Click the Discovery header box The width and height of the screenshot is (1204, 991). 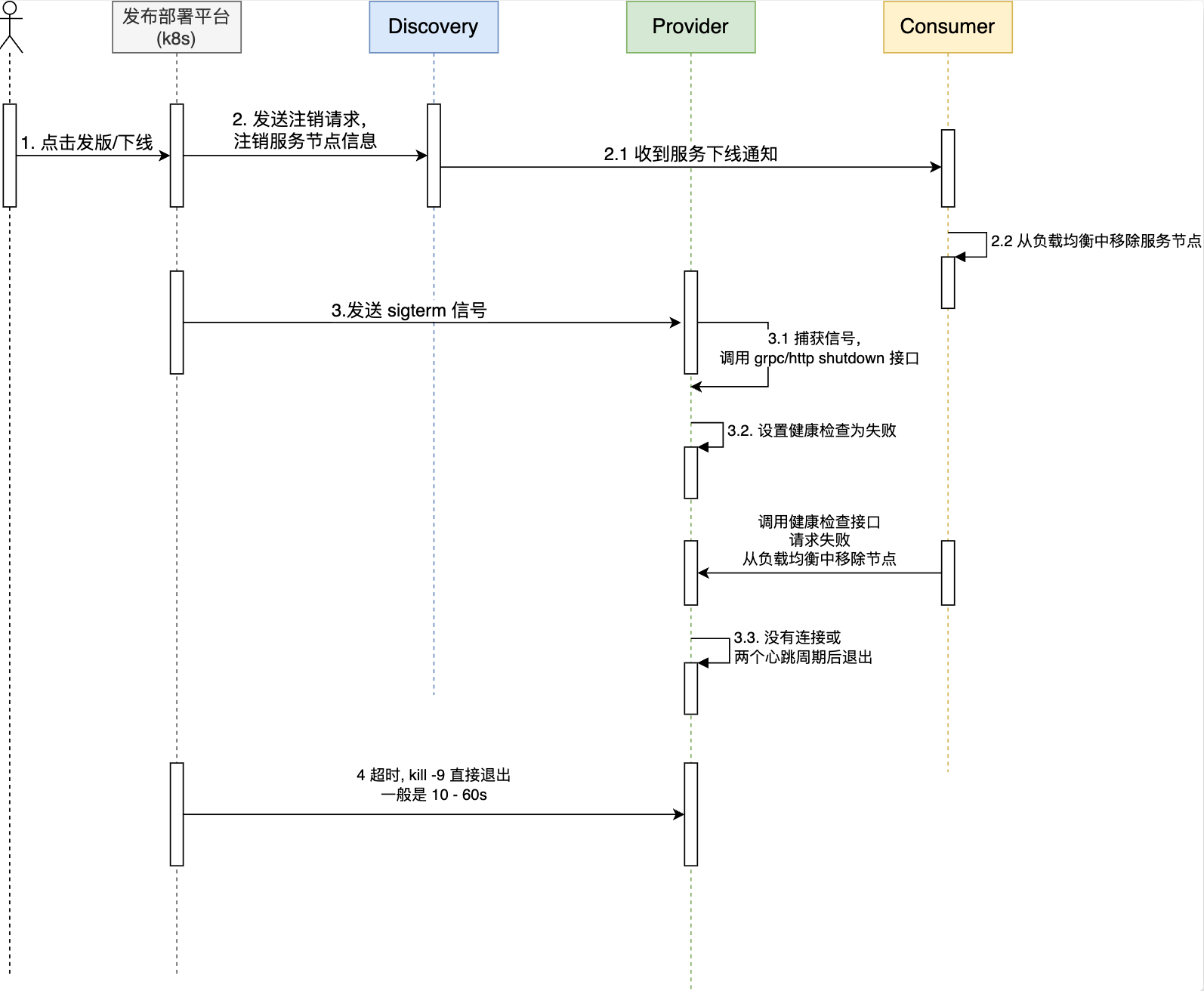(x=434, y=27)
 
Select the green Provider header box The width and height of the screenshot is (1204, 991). (x=691, y=27)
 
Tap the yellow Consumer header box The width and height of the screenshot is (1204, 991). (x=948, y=27)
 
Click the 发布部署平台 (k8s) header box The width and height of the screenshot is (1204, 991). (x=177, y=27)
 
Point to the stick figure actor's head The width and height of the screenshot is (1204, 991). (x=10, y=8)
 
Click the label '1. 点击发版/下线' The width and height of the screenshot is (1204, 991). (x=87, y=143)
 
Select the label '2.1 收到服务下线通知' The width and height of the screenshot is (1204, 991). (x=691, y=154)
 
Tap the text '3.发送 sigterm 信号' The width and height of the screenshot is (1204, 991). (x=409, y=310)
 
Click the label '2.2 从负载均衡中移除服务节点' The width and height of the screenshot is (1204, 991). (x=1096, y=241)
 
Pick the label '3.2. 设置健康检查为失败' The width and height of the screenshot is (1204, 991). (x=812, y=431)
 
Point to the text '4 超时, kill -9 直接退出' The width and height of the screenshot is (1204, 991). (x=434, y=775)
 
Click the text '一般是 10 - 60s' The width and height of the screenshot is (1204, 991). (x=434, y=795)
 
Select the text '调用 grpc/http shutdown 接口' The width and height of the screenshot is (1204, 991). (x=819, y=358)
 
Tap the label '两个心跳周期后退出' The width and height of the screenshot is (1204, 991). (x=803, y=657)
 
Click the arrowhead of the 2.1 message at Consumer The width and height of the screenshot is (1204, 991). (x=936, y=167)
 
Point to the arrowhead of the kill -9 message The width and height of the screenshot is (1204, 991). (x=679, y=814)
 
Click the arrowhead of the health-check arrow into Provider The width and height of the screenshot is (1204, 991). (x=703, y=573)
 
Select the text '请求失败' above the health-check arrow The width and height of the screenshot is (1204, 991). (x=820, y=540)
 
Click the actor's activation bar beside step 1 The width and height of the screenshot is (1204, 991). (x=10, y=156)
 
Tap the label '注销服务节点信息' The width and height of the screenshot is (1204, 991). (x=305, y=141)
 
